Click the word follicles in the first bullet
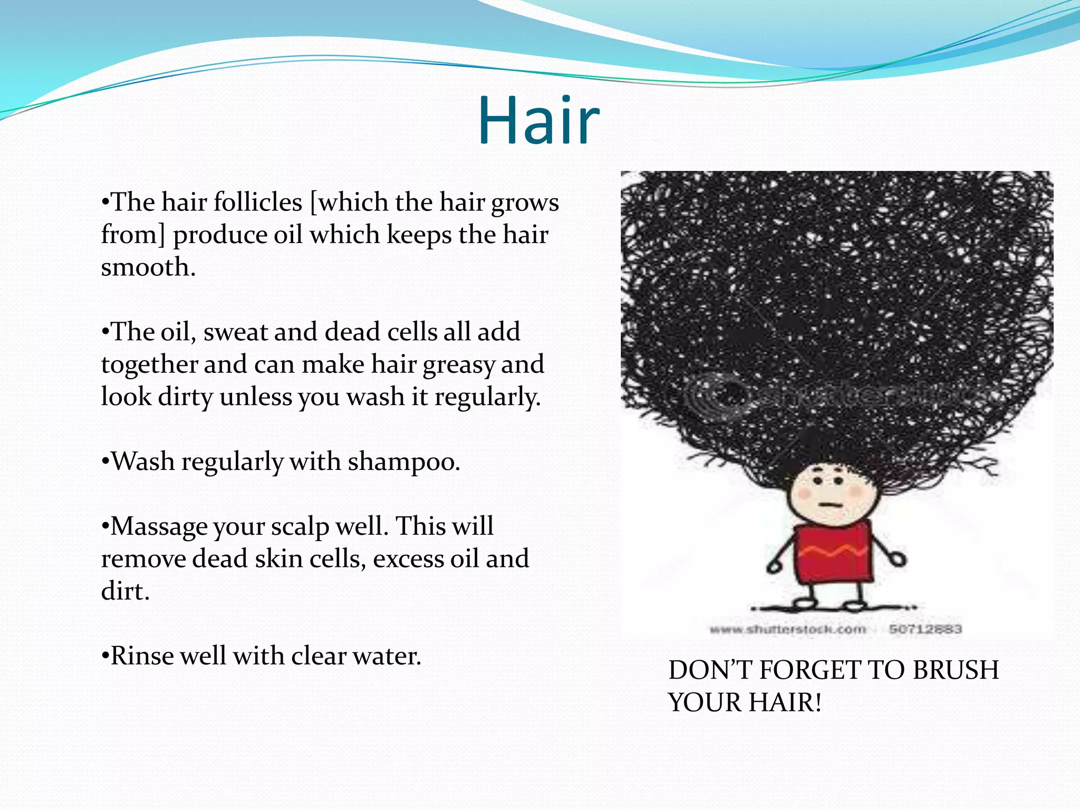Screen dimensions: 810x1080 pyautogui.click(x=258, y=202)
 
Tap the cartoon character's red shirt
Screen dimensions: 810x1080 pyautogui.click(x=833, y=554)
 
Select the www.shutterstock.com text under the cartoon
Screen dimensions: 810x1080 pyautogui.click(x=788, y=629)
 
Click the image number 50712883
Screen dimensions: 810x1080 pyautogui.click(x=925, y=629)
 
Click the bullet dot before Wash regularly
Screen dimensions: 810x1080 pyautogui.click(x=105, y=462)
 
